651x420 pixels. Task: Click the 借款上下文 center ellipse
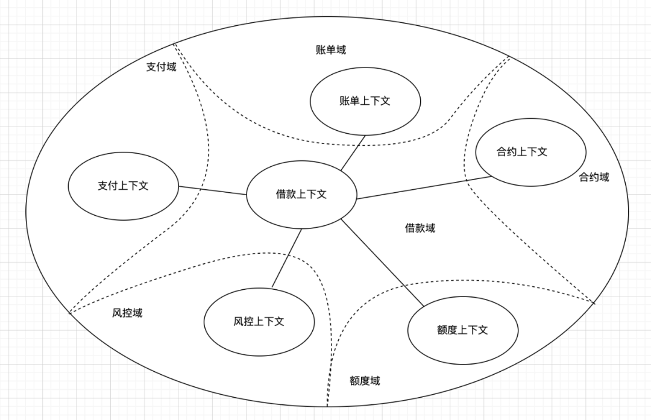pos(301,194)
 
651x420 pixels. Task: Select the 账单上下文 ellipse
pos(365,101)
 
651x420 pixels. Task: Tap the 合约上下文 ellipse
pos(522,152)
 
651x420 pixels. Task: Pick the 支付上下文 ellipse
pos(123,186)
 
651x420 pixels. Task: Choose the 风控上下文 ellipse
pos(259,321)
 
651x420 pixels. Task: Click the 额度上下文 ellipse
pos(462,330)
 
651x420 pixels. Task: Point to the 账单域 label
pos(331,49)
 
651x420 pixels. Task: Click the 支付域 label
pos(161,66)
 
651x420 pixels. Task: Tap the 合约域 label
pos(594,177)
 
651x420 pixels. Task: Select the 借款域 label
pos(420,228)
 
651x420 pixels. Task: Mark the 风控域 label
pos(127,313)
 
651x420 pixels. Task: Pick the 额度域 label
pos(365,381)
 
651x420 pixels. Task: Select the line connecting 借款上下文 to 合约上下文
pos(422,187)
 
